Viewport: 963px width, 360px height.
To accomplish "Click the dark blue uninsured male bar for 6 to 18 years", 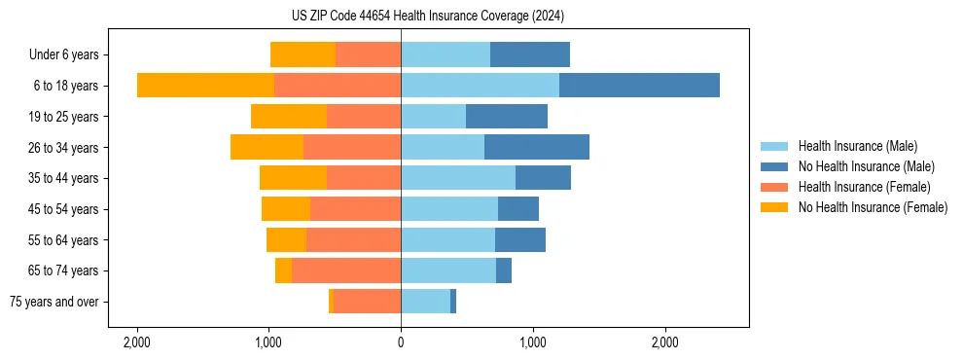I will pyautogui.click(x=639, y=86).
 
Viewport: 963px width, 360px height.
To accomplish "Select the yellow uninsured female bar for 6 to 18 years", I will pyautogui.click(x=205, y=86).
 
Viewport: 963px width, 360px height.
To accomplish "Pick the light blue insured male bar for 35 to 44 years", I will pyautogui.click(x=457, y=178).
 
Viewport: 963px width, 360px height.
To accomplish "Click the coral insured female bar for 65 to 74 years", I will pyautogui.click(x=346, y=270).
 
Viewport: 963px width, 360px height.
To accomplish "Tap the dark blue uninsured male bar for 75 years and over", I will pyautogui.click(x=453, y=302).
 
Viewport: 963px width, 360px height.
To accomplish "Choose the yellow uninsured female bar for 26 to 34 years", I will pyautogui.click(x=267, y=147).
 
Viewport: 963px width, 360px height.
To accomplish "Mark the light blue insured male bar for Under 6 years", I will pyautogui.click(x=446, y=55).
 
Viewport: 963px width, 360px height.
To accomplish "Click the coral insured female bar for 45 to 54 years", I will pyautogui.click(x=355, y=209).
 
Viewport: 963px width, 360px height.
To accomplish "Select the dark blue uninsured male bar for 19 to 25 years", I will pyautogui.click(x=507, y=117).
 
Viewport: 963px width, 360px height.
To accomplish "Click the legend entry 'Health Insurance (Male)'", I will pyautogui.click(x=857, y=146).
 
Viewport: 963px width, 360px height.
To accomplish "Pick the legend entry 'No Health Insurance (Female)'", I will pyautogui.click(x=873, y=207).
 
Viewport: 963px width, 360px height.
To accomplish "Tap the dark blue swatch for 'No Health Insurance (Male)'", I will pyautogui.click(x=774, y=166).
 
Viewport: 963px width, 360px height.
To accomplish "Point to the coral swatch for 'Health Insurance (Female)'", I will pyautogui.click(x=774, y=187).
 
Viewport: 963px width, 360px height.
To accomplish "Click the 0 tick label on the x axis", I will pyautogui.click(x=401, y=343).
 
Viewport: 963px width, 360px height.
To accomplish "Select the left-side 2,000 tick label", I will pyautogui.click(x=136, y=343).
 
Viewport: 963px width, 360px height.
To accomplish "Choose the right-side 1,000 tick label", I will pyautogui.click(x=532, y=343).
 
